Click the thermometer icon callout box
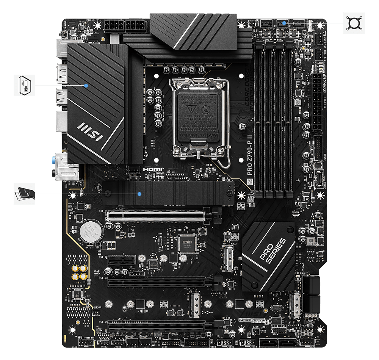25,85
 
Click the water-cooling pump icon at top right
354,23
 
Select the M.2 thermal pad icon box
25,194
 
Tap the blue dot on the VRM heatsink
87,86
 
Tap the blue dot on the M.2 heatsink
140,194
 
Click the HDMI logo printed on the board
153,169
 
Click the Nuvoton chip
186,243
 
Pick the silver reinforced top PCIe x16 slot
155,216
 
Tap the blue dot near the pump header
284,23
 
